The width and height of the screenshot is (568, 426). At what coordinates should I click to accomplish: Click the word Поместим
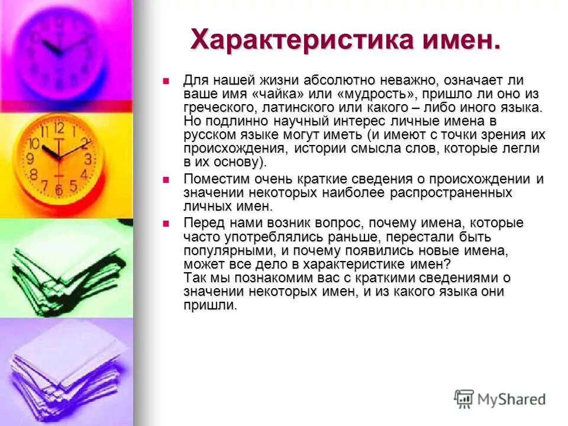[211, 179]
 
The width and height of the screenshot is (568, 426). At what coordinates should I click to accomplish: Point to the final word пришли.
[210, 305]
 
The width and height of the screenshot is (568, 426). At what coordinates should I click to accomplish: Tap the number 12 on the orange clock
[59, 128]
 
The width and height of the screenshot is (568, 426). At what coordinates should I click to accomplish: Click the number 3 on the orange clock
[88, 159]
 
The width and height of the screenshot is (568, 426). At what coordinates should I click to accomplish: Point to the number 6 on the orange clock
[59, 190]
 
